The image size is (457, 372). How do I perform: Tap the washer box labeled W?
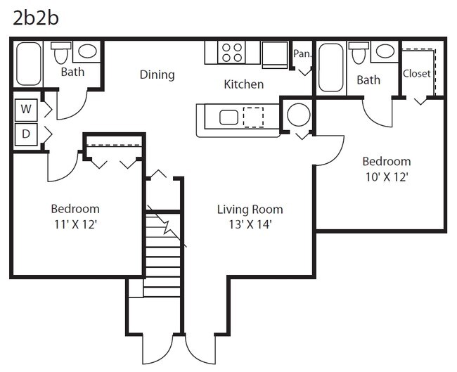click(x=26, y=109)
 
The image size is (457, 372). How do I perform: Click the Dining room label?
click(x=157, y=75)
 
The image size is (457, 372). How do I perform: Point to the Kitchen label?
click(x=243, y=84)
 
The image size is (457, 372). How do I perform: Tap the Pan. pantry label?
click(x=302, y=53)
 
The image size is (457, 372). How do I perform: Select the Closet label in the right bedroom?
click(x=416, y=73)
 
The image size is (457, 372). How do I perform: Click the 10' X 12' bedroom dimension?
click(x=387, y=177)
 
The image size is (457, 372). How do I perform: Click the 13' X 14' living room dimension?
click(x=250, y=225)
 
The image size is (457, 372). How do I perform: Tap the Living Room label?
click(x=250, y=210)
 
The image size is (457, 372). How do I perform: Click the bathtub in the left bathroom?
click(x=29, y=64)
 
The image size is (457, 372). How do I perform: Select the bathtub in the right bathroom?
click(x=330, y=68)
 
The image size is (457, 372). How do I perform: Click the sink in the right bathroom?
click(x=385, y=51)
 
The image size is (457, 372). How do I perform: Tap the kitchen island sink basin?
click(x=229, y=117)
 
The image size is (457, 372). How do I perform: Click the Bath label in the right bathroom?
click(x=368, y=80)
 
